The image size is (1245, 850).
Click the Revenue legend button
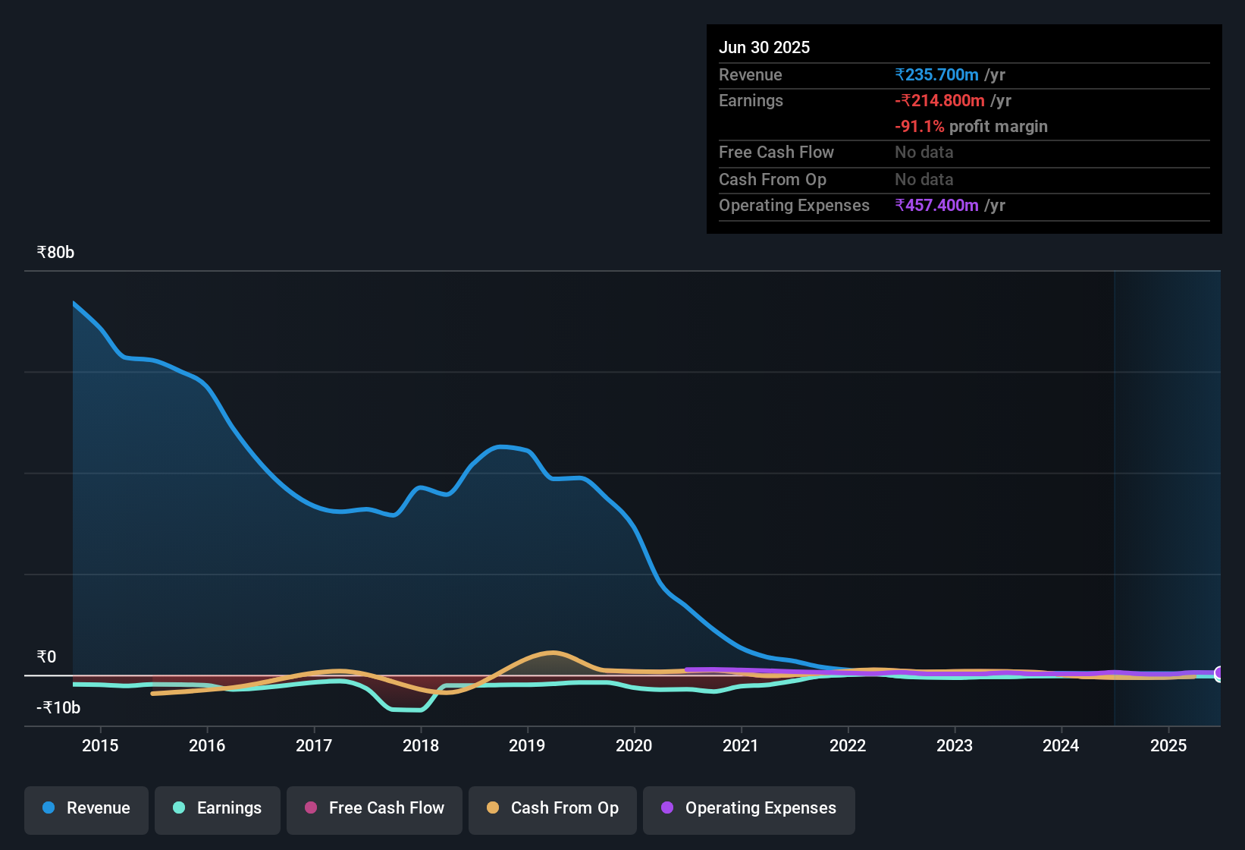pyautogui.click(x=86, y=808)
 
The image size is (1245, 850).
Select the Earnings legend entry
pyautogui.click(x=218, y=808)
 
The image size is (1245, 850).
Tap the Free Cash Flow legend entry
pyautogui.click(x=375, y=808)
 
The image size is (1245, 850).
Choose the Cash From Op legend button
pyautogui.click(x=553, y=808)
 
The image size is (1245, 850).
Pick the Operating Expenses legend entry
pyautogui.click(x=749, y=808)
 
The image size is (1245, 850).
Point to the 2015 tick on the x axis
pyautogui.click(x=100, y=745)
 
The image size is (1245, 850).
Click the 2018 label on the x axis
pyautogui.click(x=421, y=745)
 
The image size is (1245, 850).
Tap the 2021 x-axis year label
pyautogui.click(x=741, y=745)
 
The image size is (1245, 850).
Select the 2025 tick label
pyautogui.click(x=1168, y=745)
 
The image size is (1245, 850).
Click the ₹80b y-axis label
pyautogui.click(x=55, y=253)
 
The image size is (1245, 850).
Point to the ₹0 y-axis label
pyautogui.click(x=46, y=657)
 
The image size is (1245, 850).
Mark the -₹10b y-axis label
pyautogui.click(x=58, y=708)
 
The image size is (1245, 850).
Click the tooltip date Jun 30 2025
pyautogui.click(x=764, y=47)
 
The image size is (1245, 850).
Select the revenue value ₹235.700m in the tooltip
pyautogui.click(x=936, y=74)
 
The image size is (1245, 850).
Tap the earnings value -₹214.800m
pyautogui.click(x=939, y=100)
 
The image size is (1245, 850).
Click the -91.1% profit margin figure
pyautogui.click(x=920, y=126)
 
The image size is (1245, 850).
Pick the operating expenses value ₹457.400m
pyautogui.click(x=936, y=205)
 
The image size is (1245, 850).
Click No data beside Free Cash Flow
pyautogui.click(x=924, y=152)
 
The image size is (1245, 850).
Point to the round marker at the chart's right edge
pyautogui.click(x=1219, y=673)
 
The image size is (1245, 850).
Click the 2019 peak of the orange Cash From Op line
pyautogui.click(x=553, y=653)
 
